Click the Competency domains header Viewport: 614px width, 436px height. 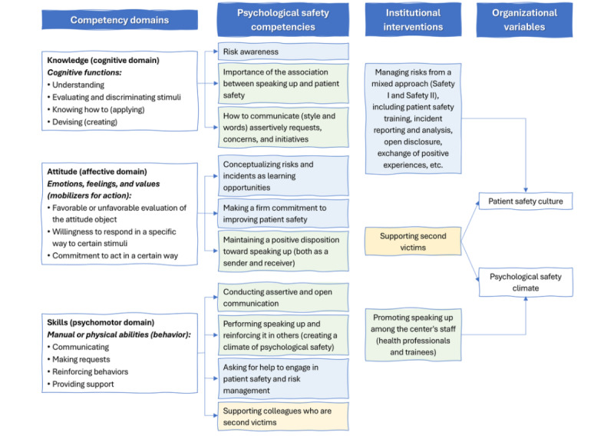(x=120, y=21)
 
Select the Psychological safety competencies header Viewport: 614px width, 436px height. (x=282, y=20)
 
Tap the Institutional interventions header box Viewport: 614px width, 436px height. (x=413, y=20)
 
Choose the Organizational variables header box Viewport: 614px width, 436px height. (x=525, y=20)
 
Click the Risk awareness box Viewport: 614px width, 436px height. (x=283, y=52)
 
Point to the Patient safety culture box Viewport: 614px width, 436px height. (x=525, y=201)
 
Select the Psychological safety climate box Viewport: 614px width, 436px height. (x=525, y=282)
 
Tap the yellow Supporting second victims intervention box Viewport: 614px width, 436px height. (x=414, y=241)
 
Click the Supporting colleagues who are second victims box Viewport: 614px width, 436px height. (x=283, y=416)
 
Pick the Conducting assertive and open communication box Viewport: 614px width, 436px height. (x=283, y=298)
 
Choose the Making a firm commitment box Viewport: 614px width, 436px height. (x=283, y=214)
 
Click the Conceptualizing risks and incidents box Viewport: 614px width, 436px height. (x=283, y=175)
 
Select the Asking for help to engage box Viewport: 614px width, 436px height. (x=283, y=378)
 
